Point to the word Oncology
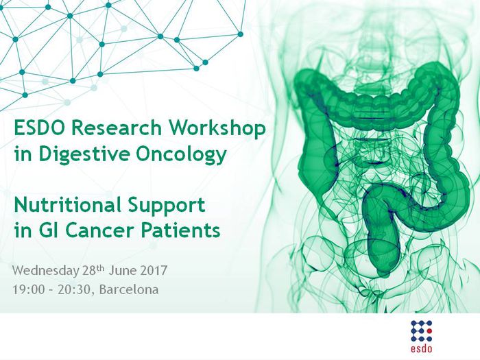pos(181,154)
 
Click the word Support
pos(166,206)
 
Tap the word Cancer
pos(99,230)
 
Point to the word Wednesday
pos(45,271)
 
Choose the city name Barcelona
pos(129,289)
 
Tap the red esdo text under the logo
pos(422,348)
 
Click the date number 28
pos(89,271)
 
